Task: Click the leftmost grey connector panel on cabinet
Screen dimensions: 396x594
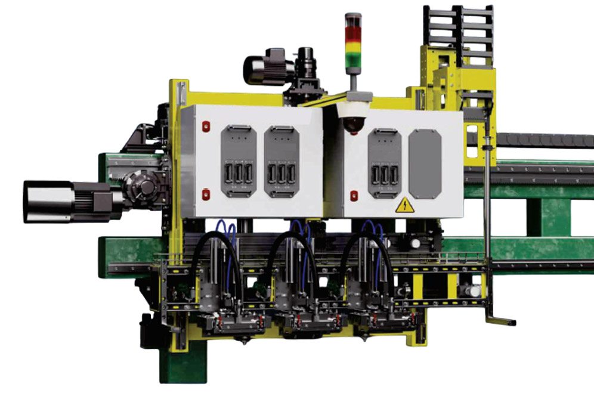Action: tap(238, 160)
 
